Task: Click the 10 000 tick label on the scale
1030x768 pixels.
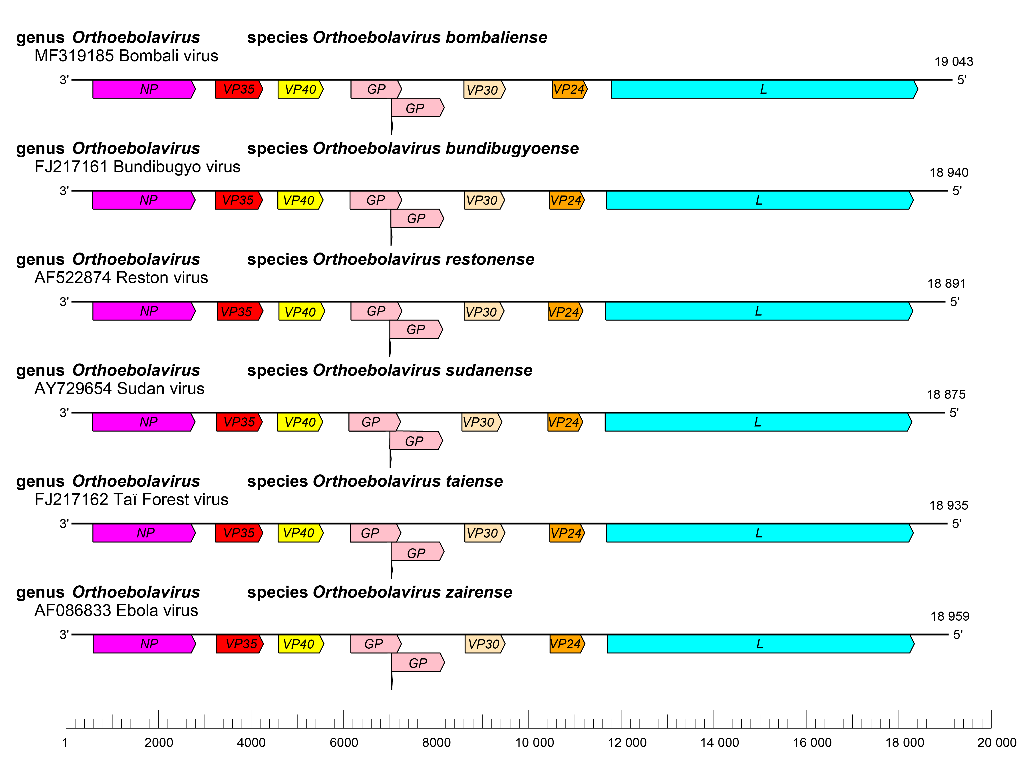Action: point(534,742)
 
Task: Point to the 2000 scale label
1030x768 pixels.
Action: point(159,742)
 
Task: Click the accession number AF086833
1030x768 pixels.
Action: point(74,610)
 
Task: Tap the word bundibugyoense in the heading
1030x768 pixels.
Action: point(512,148)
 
